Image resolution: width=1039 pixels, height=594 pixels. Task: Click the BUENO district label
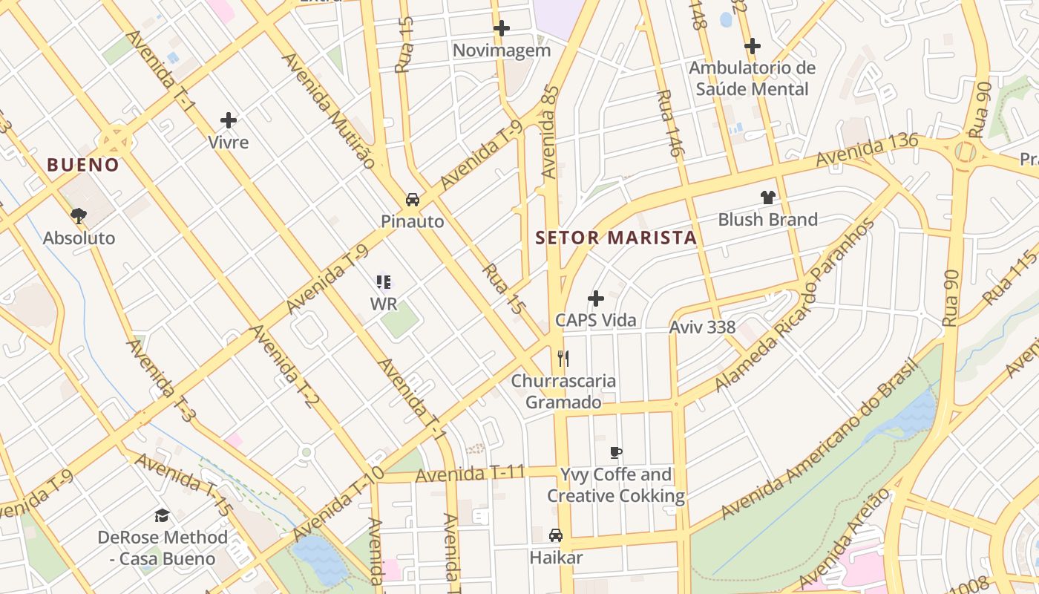tap(83, 165)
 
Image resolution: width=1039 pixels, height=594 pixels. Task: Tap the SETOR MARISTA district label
tap(616, 238)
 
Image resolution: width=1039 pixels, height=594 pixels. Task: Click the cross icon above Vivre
tap(229, 120)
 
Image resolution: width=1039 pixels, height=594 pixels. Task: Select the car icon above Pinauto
tap(413, 200)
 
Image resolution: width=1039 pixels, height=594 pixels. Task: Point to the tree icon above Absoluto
tap(79, 216)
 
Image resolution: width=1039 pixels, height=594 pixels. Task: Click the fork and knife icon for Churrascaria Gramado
tap(563, 359)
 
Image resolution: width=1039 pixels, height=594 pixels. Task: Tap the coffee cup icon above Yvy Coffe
tap(615, 452)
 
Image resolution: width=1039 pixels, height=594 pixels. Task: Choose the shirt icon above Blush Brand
tap(767, 198)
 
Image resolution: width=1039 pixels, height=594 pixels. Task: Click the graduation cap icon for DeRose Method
tap(162, 515)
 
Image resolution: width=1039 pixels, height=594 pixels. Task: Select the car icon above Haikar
tap(556, 535)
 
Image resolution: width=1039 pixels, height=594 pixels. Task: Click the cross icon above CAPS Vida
tap(596, 298)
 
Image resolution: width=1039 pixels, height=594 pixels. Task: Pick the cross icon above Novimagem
tap(502, 29)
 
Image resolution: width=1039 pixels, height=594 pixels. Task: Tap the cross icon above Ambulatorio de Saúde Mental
tap(753, 46)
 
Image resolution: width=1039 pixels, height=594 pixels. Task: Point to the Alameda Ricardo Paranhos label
tap(796, 304)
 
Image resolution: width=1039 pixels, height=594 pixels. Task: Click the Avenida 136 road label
tap(867, 149)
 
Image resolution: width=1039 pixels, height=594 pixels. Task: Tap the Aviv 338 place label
tap(702, 327)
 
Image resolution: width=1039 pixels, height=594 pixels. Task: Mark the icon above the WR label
tap(384, 282)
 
